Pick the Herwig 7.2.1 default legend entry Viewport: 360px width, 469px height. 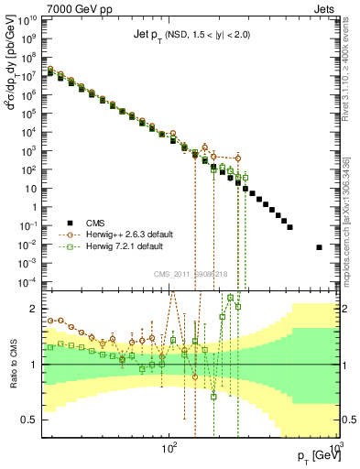click(x=134, y=246)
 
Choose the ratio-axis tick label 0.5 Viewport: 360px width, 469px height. click(x=33, y=420)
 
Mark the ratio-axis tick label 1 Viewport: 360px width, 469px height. click(x=37, y=364)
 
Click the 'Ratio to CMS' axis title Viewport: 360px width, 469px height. click(x=12, y=364)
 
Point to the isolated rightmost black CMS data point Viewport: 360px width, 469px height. click(x=320, y=247)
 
